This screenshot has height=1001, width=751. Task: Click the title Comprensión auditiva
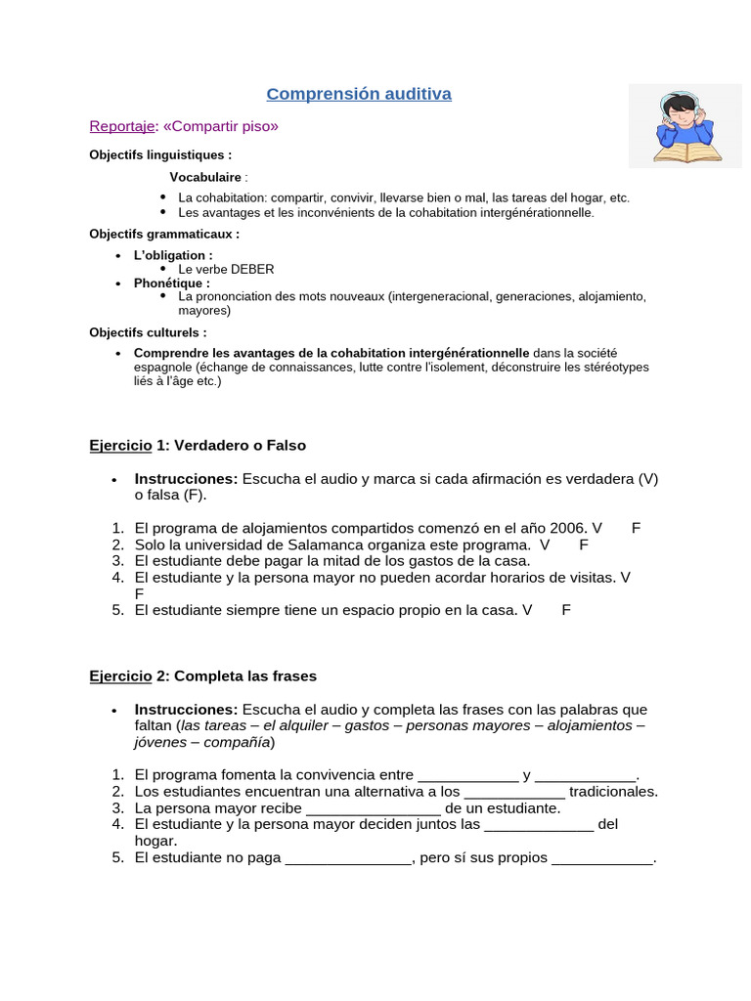coord(359,94)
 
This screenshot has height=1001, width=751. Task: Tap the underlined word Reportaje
coord(121,126)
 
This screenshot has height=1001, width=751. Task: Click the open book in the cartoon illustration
coord(687,152)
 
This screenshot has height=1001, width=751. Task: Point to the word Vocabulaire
coord(205,177)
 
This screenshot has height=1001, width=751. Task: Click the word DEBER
coord(253,269)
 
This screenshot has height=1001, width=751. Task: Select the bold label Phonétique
coord(170,283)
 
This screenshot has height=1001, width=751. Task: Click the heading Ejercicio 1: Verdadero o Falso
coord(198,445)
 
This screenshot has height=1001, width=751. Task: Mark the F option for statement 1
coord(636,528)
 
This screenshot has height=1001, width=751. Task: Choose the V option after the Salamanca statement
coord(545,544)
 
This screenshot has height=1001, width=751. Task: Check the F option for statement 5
coord(566,610)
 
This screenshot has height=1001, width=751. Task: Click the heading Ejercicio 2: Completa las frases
coord(203,675)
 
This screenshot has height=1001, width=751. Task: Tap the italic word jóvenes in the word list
coord(161,742)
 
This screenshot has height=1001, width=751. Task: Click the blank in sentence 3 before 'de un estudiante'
coord(374,808)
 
